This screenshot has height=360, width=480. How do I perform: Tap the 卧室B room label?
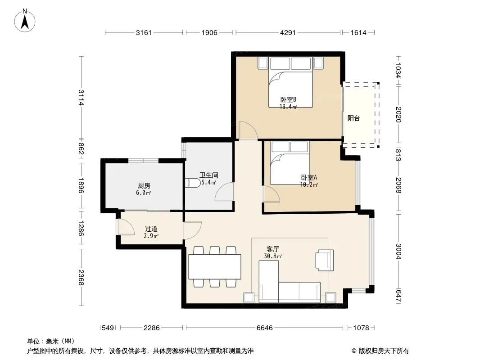(288, 100)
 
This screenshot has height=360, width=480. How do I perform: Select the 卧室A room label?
(309, 177)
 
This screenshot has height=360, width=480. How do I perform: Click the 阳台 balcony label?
(353, 118)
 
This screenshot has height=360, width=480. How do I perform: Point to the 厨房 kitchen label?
(144, 186)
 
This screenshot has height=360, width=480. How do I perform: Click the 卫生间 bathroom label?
(209, 175)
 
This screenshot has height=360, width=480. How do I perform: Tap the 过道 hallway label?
(151, 229)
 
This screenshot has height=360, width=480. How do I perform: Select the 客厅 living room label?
(272, 249)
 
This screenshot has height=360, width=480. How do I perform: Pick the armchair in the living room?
(325, 260)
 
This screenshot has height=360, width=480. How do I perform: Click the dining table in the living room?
(215, 267)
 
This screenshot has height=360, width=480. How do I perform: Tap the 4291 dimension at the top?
(288, 32)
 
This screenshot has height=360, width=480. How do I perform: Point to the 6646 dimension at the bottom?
(264, 328)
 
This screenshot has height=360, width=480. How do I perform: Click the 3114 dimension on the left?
(81, 97)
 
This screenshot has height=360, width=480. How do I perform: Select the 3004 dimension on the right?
(398, 251)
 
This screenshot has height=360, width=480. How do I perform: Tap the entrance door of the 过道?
(126, 227)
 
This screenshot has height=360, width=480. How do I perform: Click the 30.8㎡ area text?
(273, 256)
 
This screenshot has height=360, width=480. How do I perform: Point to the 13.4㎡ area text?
(288, 107)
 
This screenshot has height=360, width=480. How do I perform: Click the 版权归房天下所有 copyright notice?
(380, 351)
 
